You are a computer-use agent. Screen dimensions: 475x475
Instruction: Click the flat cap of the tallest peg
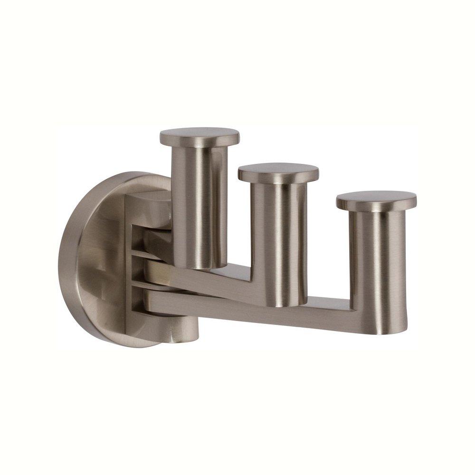point(199,136)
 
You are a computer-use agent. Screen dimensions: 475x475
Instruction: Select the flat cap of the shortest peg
point(376,200)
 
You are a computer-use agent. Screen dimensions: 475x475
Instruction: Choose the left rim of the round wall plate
point(71,261)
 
